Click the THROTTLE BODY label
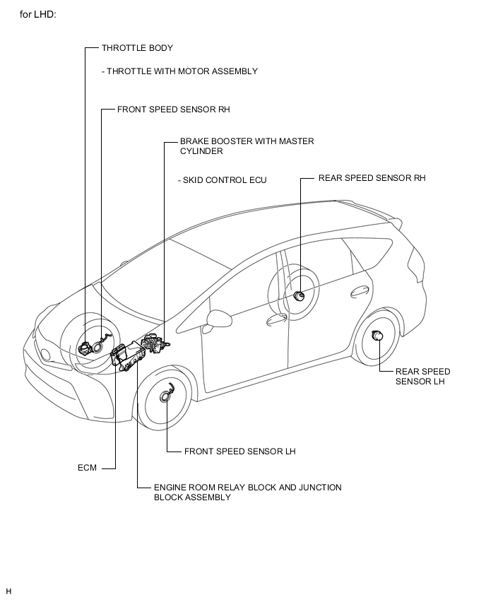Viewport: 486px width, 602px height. pos(137,48)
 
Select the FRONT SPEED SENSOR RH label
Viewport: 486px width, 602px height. pos(174,110)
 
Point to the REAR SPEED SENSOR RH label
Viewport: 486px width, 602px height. pos(372,178)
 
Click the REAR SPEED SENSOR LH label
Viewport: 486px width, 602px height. pos(422,376)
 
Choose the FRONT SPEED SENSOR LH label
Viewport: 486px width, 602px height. pos(240,451)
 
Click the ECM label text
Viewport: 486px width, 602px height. pos(87,468)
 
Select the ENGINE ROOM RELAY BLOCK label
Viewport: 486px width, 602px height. pos(248,492)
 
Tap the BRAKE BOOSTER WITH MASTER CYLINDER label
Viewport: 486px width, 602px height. pos(247,146)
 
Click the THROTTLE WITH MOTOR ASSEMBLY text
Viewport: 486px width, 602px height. pos(179,71)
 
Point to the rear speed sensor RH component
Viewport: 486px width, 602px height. pos(299,295)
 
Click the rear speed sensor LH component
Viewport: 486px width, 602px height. pos(378,335)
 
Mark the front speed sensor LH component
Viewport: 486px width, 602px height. pos(167,396)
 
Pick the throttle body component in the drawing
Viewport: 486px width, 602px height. pos(83,348)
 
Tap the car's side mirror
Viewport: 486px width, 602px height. pos(214,320)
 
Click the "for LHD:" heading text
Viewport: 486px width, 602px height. pos(38,15)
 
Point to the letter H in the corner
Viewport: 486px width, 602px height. pos(8,591)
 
